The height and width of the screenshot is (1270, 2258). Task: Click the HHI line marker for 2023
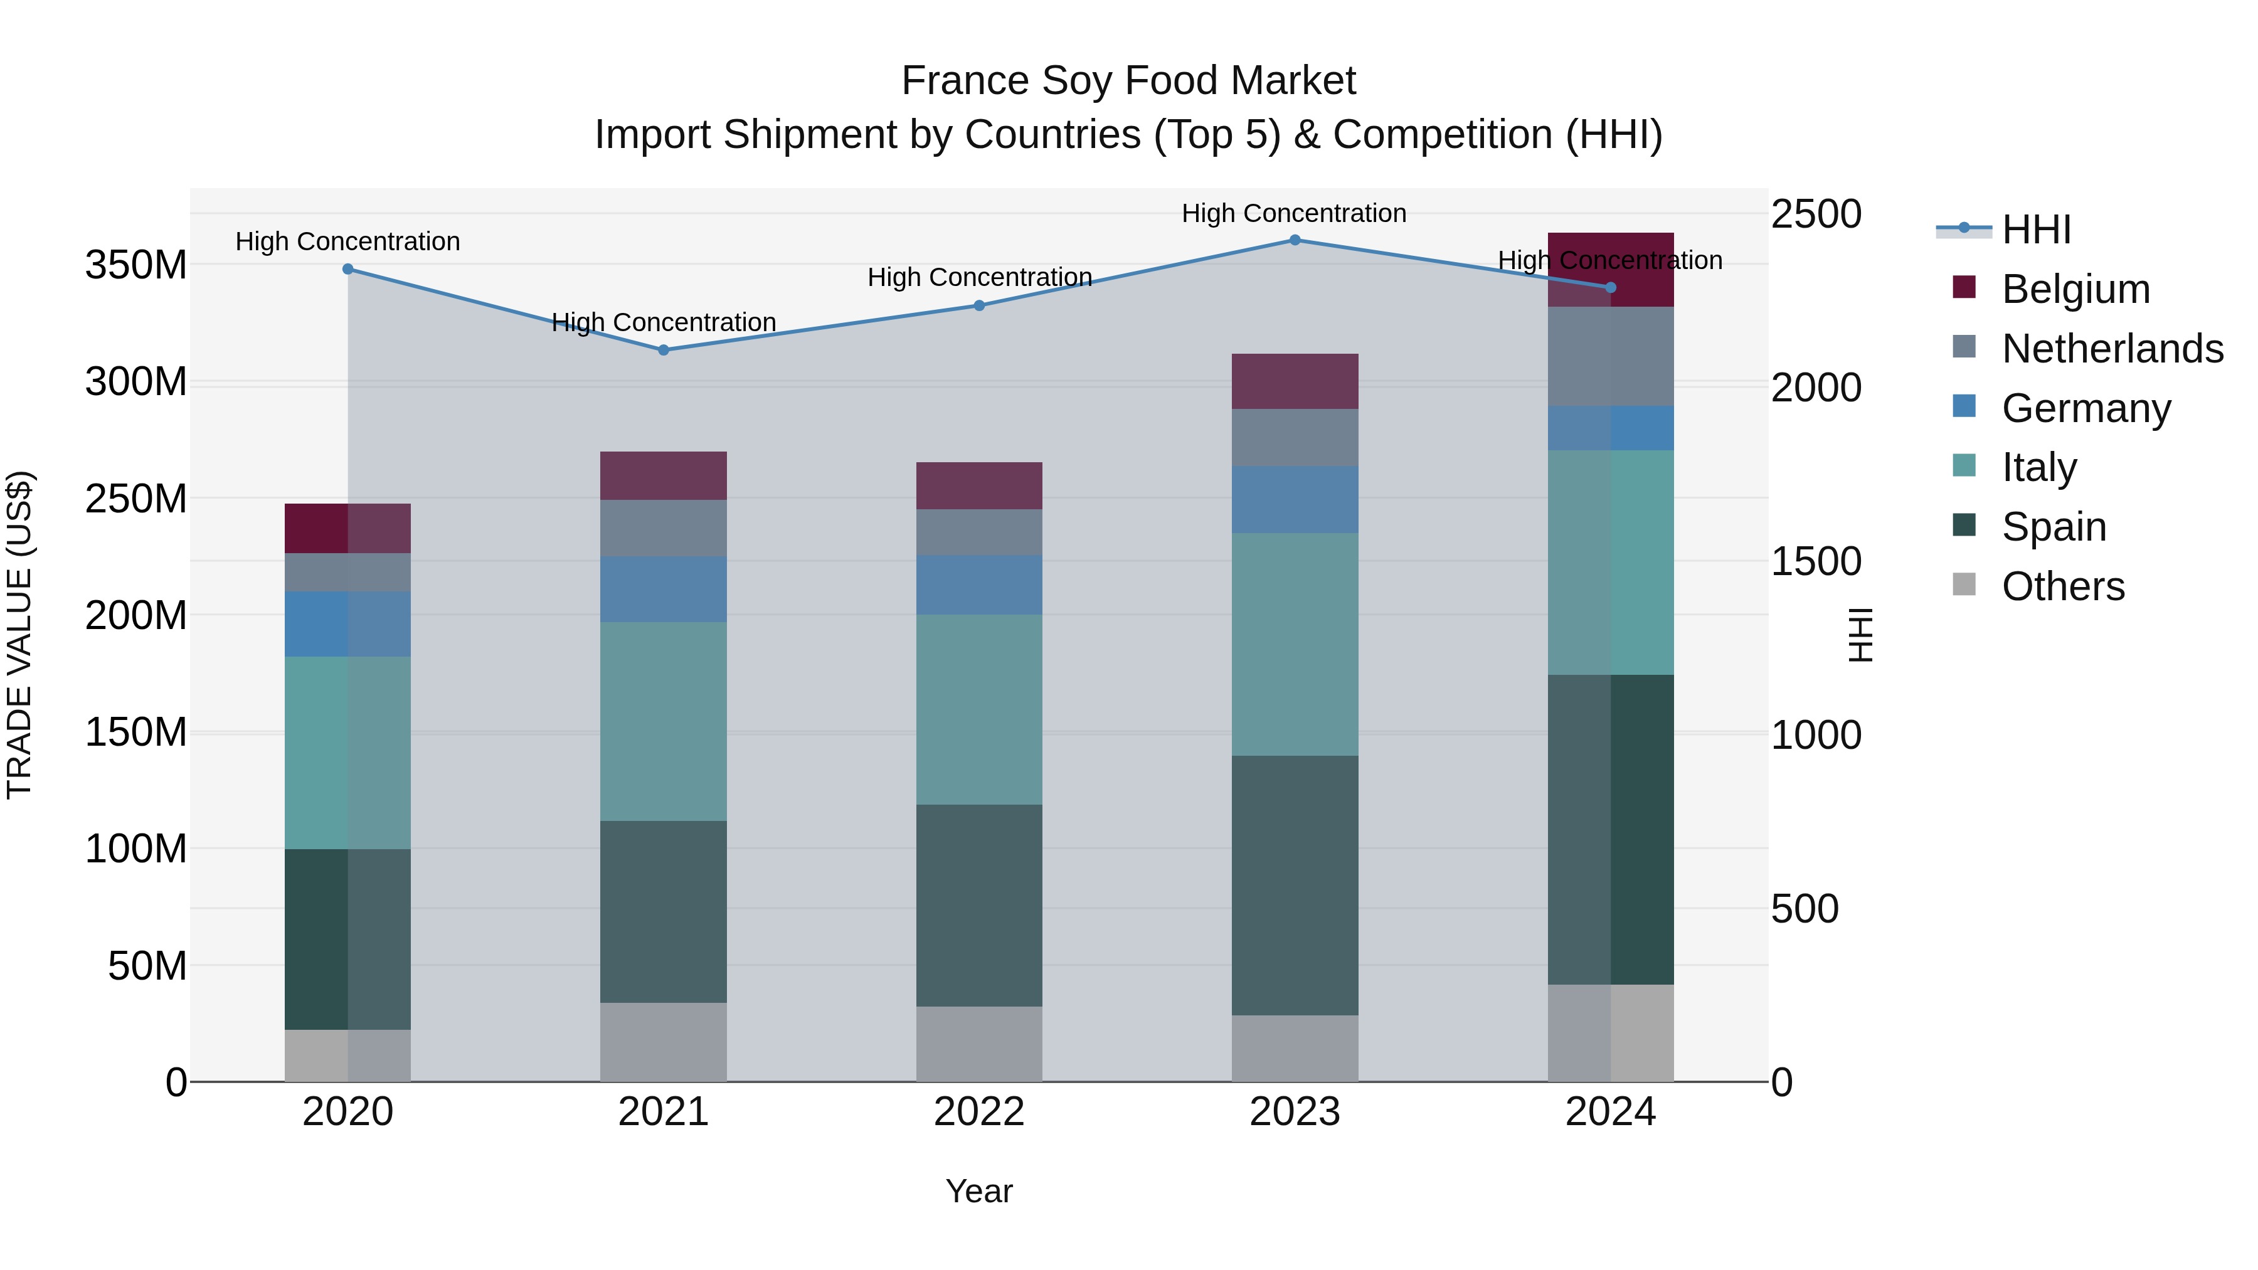click(1295, 240)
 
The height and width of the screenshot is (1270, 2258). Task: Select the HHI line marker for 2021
click(664, 350)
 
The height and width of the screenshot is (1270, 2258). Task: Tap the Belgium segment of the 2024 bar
click(1610, 270)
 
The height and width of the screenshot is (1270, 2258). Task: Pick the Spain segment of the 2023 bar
click(1295, 885)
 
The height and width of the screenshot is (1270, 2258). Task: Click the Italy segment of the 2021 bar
click(664, 721)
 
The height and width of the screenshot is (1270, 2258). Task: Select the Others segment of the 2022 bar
click(979, 1044)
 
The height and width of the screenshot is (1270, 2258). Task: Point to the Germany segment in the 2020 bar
click(348, 624)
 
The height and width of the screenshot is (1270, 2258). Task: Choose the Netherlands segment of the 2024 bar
click(1610, 357)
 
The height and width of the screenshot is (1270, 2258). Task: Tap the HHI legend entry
click(2035, 230)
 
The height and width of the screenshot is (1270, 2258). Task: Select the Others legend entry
click(2062, 586)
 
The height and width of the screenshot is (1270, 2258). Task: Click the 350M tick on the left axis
click(137, 265)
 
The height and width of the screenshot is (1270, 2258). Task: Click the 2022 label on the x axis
click(979, 1112)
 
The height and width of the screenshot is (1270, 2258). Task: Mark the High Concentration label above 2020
click(348, 241)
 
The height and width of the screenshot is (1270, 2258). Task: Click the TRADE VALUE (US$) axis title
click(19, 635)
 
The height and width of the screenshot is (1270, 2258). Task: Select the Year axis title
click(979, 1191)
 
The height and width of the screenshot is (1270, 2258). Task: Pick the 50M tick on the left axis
click(147, 966)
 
